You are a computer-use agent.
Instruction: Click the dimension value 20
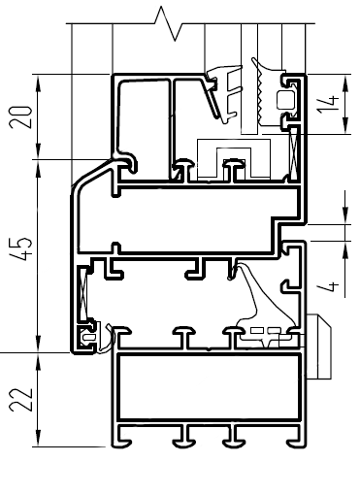(21, 117)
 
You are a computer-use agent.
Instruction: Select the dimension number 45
(21, 249)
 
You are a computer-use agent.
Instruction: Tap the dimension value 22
(21, 399)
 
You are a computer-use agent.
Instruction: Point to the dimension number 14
(328, 104)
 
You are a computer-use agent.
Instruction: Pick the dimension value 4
(328, 286)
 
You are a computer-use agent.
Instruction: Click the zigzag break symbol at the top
(169, 23)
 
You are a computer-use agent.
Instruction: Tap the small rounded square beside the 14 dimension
(285, 100)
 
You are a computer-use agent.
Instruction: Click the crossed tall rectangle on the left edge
(83, 293)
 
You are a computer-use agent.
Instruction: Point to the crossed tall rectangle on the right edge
(294, 153)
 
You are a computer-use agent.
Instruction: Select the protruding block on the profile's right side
(318, 346)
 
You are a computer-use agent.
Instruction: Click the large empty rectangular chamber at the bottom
(209, 386)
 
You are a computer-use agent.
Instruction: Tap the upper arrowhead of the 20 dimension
(38, 84)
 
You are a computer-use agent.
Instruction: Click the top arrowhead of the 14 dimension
(345, 83)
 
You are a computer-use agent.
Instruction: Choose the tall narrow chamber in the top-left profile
(143, 129)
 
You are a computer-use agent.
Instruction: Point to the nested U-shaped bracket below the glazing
(234, 158)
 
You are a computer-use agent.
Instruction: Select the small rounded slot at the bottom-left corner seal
(87, 337)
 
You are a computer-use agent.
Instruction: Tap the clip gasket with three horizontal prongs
(226, 94)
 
